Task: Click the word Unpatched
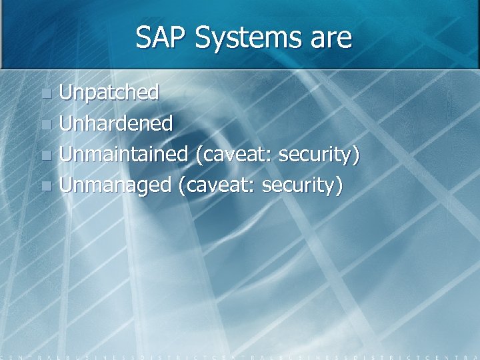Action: coord(109,93)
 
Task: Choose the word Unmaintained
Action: coord(123,154)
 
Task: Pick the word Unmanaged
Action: coord(115,185)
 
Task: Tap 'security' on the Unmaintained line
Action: coord(316,155)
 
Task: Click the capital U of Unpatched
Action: coord(65,93)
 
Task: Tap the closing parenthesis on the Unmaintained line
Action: coord(357,155)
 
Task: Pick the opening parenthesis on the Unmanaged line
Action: coord(181,185)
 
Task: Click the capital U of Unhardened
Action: coord(65,123)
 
